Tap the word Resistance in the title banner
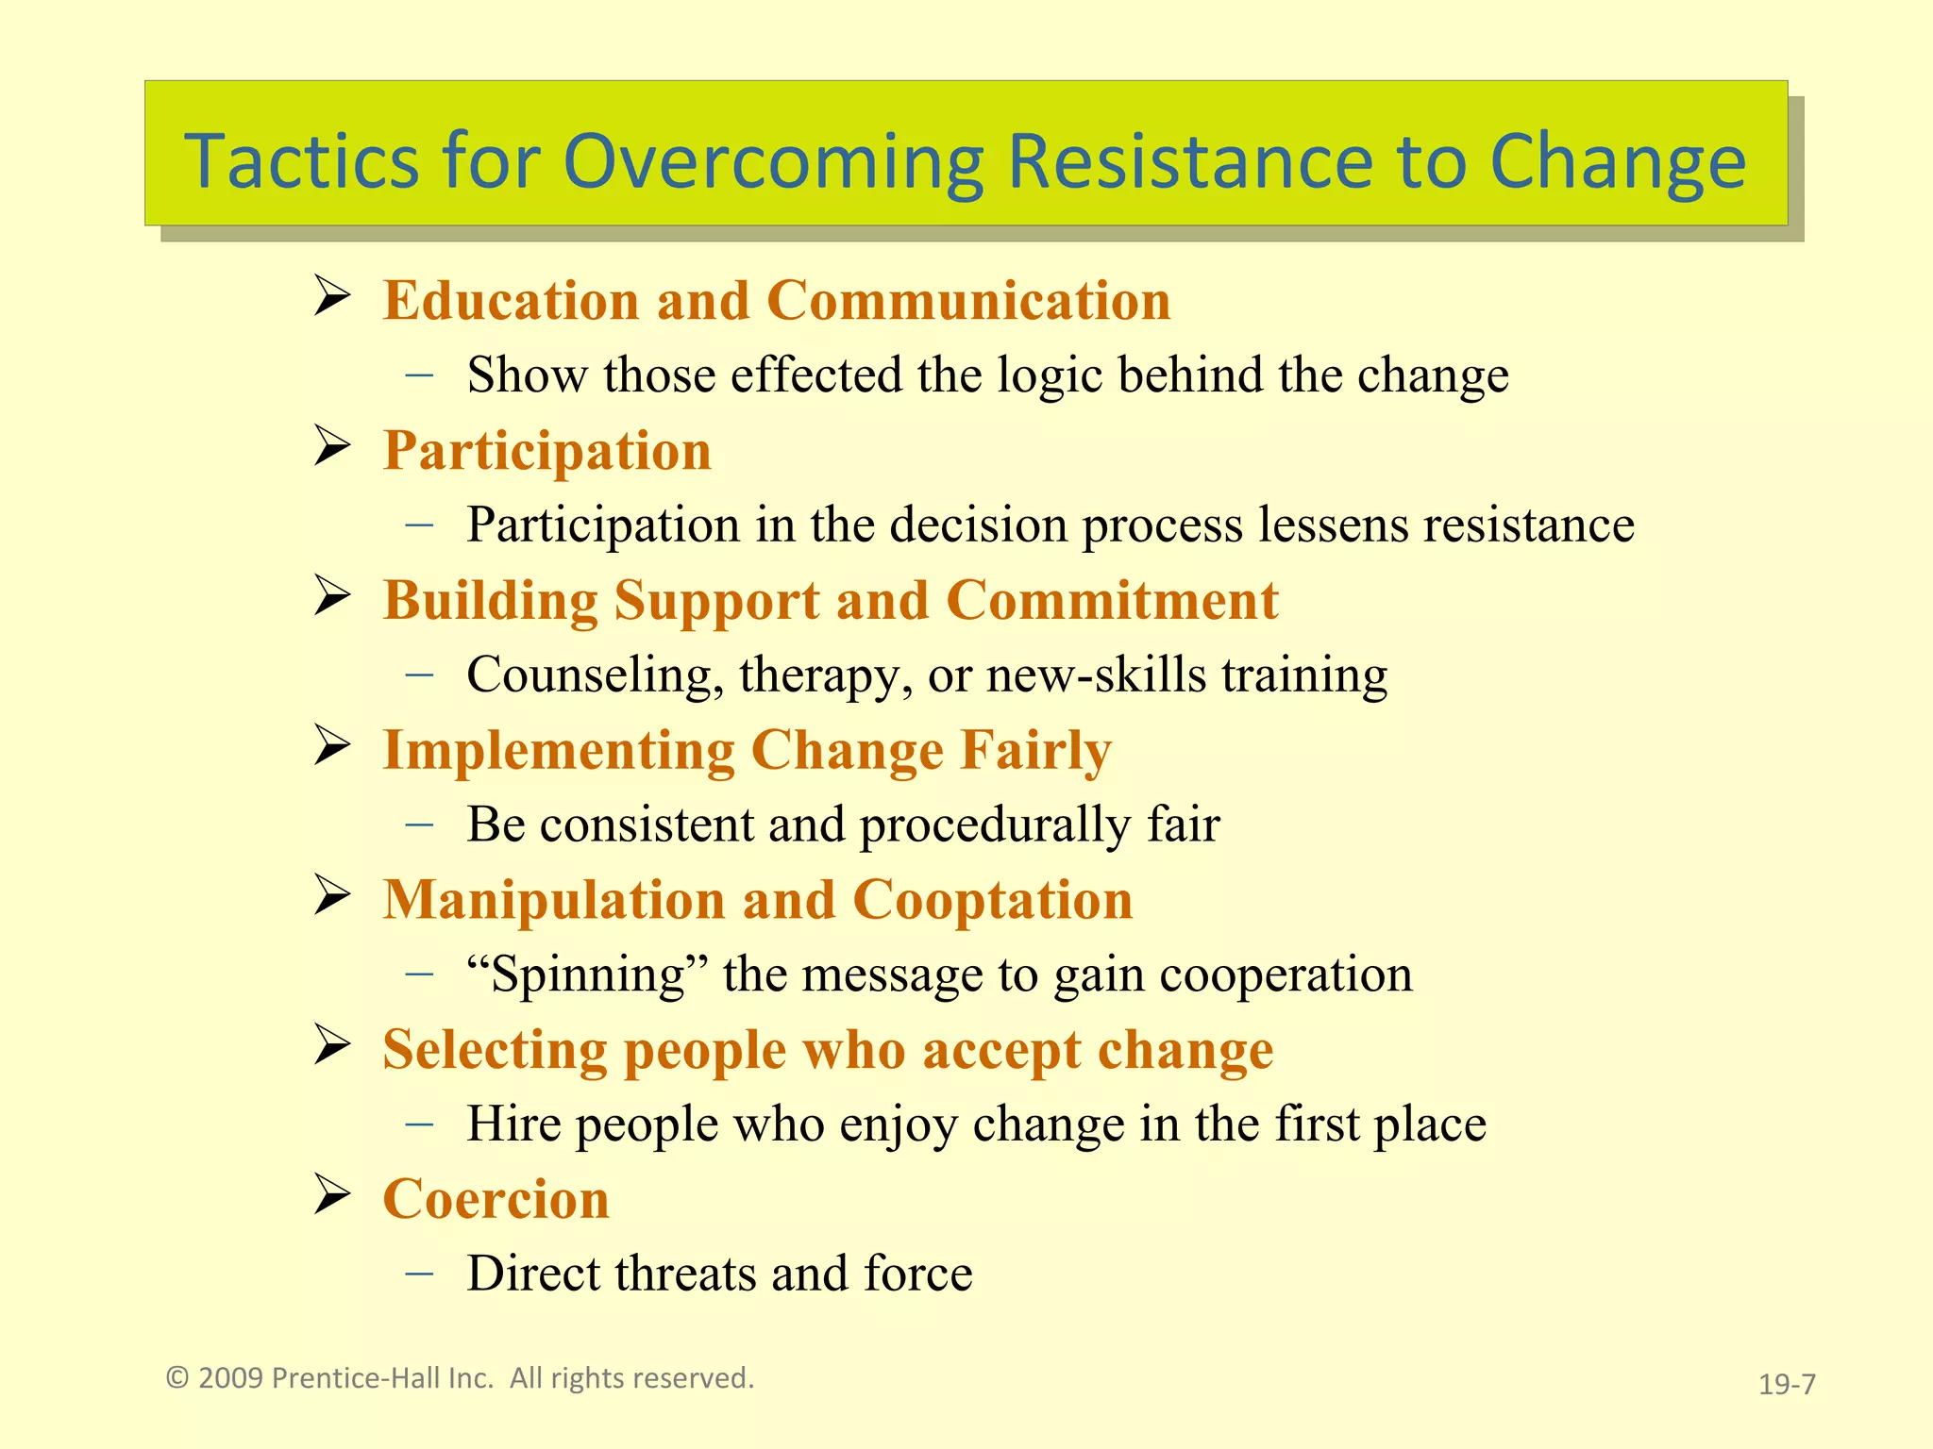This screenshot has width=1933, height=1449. pyautogui.click(x=1191, y=162)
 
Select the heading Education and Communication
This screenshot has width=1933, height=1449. pyautogui.click(x=776, y=302)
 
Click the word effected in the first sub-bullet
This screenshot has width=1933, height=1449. pyautogui.click(x=815, y=375)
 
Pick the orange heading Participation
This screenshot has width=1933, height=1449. pyautogui.click(x=546, y=451)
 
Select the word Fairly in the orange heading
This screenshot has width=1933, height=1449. pyautogui.click(x=1034, y=751)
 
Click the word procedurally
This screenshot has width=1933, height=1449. pyautogui.click(x=995, y=825)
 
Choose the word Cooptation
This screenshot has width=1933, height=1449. pyautogui.click(x=992, y=900)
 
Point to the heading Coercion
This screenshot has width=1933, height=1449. pyautogui.click(x=496, y=1200)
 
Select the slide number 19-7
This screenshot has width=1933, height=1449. pyautogui.click(x=1787, y=1384)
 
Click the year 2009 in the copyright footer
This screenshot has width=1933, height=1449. pyautogui.click(x=230, y=1378)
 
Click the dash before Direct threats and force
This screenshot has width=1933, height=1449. pyautogui.click(x=419, y=1274)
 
